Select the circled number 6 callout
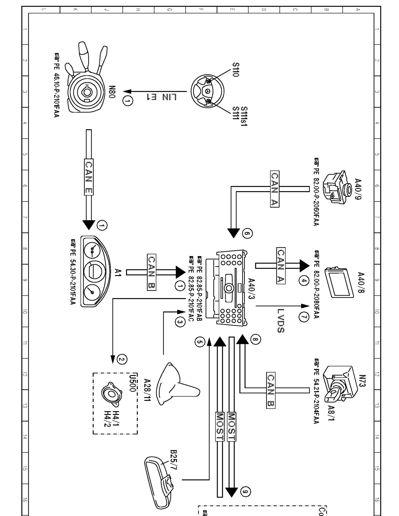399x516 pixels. (x=247, y=234)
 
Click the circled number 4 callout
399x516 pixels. (x=304, y=281)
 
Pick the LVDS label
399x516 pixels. (x=281, y=321)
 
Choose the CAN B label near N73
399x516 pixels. (x=270, y=390)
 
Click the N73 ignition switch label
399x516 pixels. (x=362, y=381)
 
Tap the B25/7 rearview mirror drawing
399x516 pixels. (x=160, y=480)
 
